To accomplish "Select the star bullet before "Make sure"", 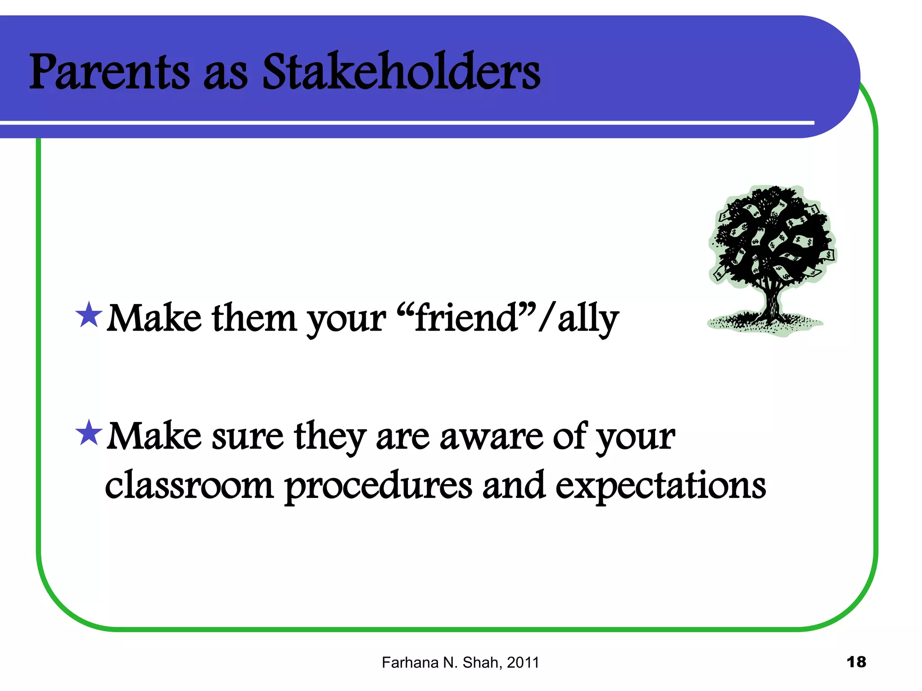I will click(89, 433).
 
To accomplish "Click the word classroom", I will click(189, 486).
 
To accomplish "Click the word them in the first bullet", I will click(254, 319).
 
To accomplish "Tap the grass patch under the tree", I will click(765, 325).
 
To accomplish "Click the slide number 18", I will click(856, 662).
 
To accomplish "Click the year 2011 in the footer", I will click(523, 663).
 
